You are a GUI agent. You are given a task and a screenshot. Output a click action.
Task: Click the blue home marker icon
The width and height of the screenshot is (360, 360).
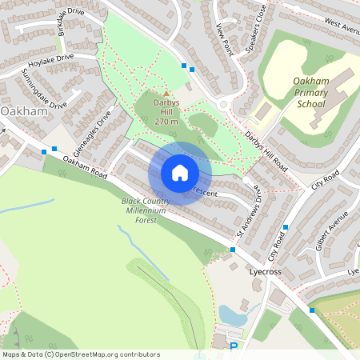180,173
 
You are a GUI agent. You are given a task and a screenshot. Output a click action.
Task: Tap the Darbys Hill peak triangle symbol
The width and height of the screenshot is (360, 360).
166,94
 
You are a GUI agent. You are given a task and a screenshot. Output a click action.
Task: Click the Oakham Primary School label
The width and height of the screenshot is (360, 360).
301,93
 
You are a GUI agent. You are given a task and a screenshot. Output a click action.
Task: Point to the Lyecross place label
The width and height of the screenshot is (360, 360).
265,272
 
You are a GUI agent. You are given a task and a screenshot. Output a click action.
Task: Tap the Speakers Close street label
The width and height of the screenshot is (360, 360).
255,30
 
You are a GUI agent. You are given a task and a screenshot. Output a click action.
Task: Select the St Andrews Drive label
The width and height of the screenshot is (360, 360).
248,218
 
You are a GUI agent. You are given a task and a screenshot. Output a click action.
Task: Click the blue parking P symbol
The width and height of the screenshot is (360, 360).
234,347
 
